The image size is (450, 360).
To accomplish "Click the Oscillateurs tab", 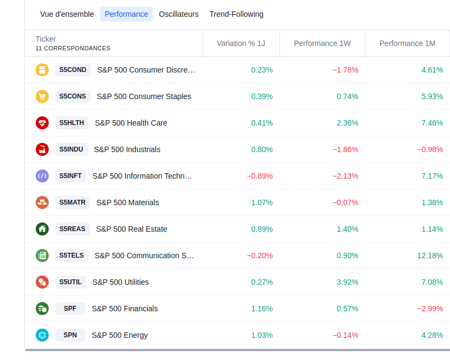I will (x=179, y=14).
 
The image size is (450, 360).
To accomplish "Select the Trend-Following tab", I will (x=236, y=14).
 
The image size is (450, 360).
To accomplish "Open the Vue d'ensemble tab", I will (x=67, y=14).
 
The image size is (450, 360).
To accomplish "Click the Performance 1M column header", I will (x=407, y=43).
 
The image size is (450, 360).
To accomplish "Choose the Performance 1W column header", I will (x=322, y=43).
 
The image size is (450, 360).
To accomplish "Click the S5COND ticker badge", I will (x=73, y=70).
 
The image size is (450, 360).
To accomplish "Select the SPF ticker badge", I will (x=70, y=309).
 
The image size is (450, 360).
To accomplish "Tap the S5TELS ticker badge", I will (x=71, y=256).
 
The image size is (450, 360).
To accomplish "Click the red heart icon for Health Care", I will (x=42, y=123).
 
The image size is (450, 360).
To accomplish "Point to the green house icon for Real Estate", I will (x=42, y=229).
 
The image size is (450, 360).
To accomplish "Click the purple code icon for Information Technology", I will (x=42, y=176).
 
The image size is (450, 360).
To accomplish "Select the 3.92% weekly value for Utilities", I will (x=347, y=282).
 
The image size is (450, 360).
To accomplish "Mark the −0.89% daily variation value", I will (x=260, y=176).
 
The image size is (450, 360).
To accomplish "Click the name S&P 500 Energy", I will (x=120, y=335).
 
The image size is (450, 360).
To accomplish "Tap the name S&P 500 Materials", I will (x=128, y=202).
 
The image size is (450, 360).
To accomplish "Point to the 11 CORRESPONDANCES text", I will (x=73, y=48).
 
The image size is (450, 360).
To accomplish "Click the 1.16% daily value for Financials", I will (x=262, y=309).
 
